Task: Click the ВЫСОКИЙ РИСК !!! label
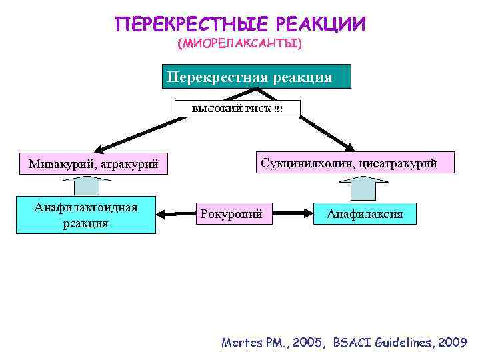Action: point(237,108)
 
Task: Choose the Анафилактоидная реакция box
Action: point(86,215)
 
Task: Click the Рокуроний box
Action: point(234,214)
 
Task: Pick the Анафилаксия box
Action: point(364,214)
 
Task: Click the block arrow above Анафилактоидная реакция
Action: point(86,187)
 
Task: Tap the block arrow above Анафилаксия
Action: point(364,187)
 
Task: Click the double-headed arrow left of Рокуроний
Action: point(175,214)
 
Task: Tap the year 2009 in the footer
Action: point(450,343)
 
